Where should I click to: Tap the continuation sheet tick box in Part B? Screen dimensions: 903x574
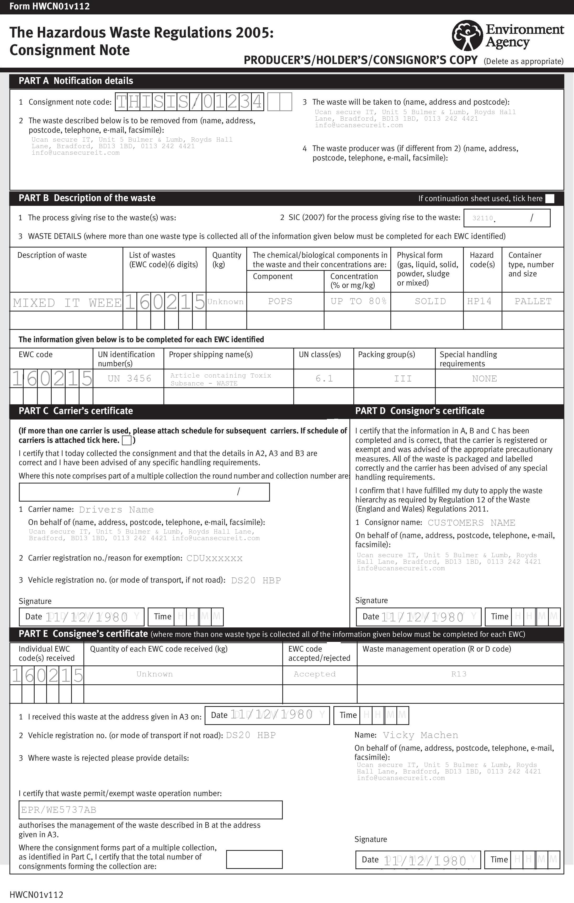(x=550, y=199)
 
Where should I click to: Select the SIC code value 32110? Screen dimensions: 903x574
(x=482, y=218)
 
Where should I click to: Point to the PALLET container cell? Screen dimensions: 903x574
(x=533, y=302)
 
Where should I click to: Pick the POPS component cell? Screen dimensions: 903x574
(x=280, y=302)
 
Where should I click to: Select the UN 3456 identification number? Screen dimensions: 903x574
(x=129, y=378)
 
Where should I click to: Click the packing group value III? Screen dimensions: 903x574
(x=403, y=378)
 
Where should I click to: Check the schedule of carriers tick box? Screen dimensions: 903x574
(x=127, y=440)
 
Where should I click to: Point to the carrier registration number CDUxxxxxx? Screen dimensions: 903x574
(x=214, y=558)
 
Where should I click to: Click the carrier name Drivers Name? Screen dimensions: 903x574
(x=116, y=510)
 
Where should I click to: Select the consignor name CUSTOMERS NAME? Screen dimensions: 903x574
(x=471, y=523)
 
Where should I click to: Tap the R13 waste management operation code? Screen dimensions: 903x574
(x=459, y=674)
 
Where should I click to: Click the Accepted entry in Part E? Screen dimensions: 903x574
(x=314, y=674)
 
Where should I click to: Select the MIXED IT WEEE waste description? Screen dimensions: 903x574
(x=67, y=303)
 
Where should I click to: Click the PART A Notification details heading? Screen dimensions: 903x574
(x=76, y=81)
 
